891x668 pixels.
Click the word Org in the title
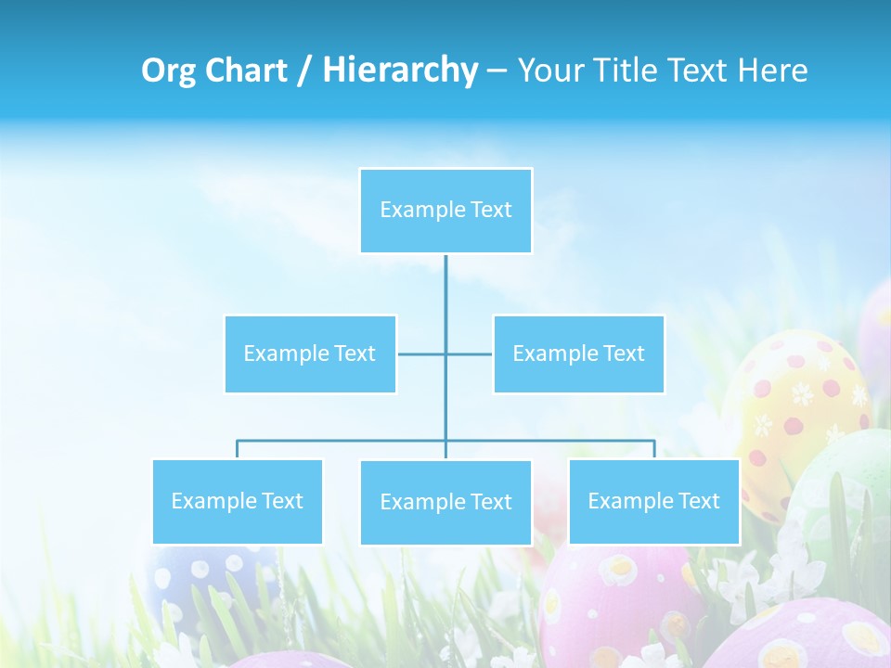(x=169, y=71)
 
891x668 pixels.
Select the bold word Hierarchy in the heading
(x=400, y=71)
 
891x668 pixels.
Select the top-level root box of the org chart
(x=445, y=211)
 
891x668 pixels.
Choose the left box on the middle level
(x=310, y=353)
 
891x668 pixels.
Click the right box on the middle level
(x=578, y=353)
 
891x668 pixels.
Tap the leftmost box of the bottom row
(x=237, y=501)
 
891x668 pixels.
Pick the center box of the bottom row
(x=445, y=502)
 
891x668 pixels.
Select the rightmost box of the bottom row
(x=654, y=501)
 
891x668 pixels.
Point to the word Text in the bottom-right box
(x=698, y=501)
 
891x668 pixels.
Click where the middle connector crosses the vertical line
(x=445, y=353)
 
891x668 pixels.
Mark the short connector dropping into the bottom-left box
(x=237, y=449)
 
